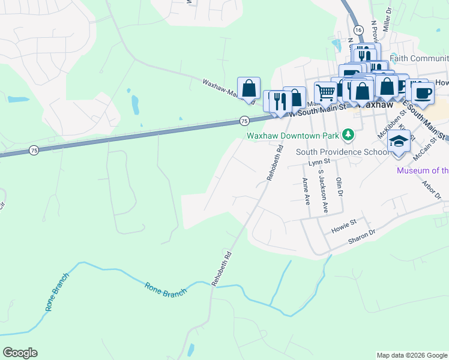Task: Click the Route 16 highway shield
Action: click(358, 29)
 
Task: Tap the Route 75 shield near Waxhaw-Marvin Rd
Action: click(244, 121)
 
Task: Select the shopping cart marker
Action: click(325, 92)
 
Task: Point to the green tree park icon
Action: click(347, 133)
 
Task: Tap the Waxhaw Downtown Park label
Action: click(294, 136)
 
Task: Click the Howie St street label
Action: click(344, 226)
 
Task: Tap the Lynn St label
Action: click(319, 162)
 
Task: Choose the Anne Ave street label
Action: click(306, 189)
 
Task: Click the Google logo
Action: click(20, 353)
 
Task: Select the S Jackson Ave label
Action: click(322, 190)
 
